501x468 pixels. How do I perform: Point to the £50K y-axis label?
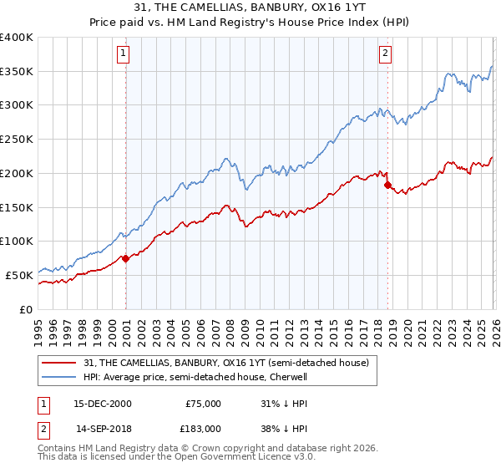coord(19,275)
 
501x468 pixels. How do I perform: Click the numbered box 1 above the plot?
coord(123,54)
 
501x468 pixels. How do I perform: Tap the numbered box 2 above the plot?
coord(385,54)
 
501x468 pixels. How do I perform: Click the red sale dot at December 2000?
coord(126,258)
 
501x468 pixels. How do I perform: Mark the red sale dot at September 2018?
coord(387,185)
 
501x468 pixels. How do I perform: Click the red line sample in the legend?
coord(59,362)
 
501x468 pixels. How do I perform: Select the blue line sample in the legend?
coord(59,377)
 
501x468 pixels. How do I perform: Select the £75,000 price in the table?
coord(203,404)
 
